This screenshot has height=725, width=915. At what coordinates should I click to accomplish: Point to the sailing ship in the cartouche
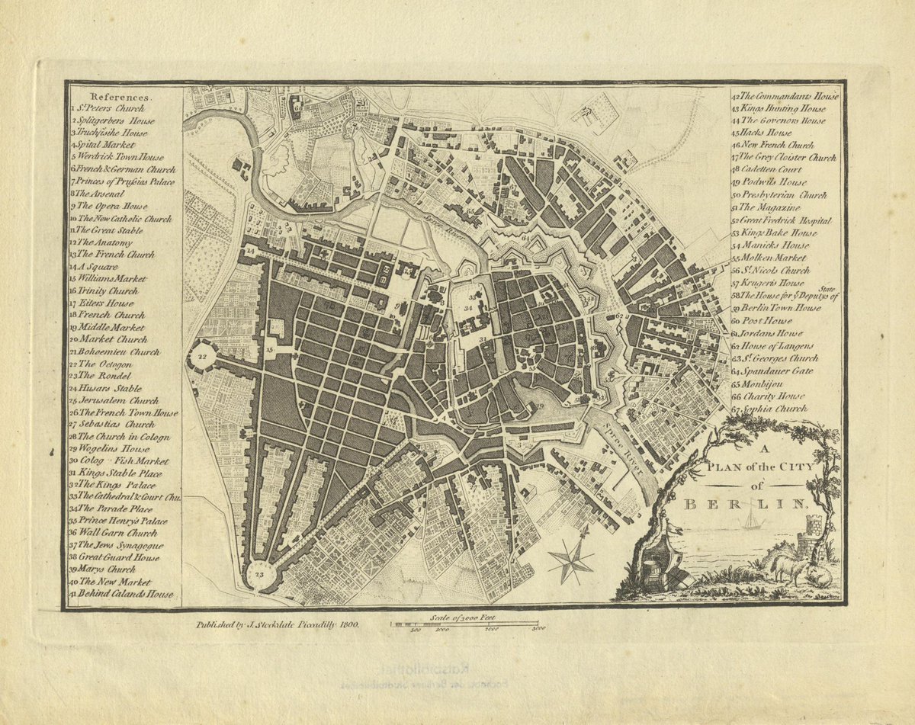point(753,520)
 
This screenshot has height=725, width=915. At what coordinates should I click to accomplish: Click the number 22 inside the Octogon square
point(202,356)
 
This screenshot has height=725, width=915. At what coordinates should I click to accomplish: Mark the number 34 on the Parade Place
point(470,309)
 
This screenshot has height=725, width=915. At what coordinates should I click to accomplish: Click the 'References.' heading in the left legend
point(121,98)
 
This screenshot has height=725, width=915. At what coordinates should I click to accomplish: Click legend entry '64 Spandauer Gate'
point(772,371)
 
